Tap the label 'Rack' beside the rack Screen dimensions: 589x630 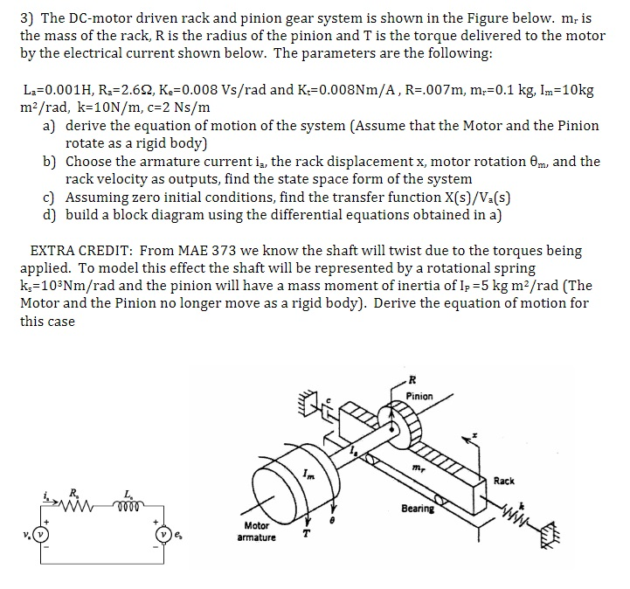[x=504, y=481]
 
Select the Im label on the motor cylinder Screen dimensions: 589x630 [x=308, y=474]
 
